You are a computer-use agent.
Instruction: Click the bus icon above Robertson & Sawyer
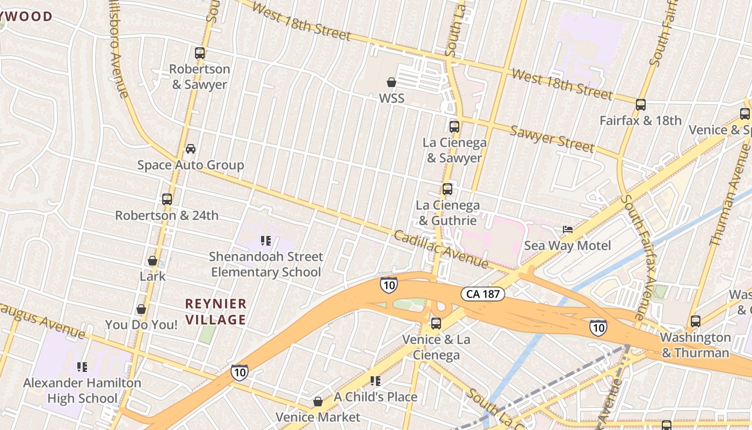pyautogui.click(x=200, y=53)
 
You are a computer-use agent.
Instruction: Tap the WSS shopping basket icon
pyautogui.click(x=392, y=82)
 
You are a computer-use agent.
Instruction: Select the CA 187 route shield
pyautogui.click(x=482, y=294)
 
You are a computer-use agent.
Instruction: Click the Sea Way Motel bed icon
pyautogui.click(x=568, y=230)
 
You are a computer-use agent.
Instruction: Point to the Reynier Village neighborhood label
pyautogui.click(x=216, y=312)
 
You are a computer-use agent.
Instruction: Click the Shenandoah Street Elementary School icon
pyautogui.click(x=265, y=240)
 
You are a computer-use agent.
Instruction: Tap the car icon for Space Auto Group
pyautogui.click(x=191, y=149)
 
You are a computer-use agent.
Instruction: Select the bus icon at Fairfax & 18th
pyautogui.click(x=640, y=105)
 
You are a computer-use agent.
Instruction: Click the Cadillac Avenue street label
pyautogui.click(x=440, y=250)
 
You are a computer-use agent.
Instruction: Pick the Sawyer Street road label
pyautogui.click(x=552, y=139)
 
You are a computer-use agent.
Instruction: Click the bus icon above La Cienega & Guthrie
pyautogui.click(x=447, y=189)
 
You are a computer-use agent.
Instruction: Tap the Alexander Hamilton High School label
pyautogui.click(x=82, y=391)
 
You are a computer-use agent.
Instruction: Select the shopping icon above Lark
pyautogui.click(x=153, y=261)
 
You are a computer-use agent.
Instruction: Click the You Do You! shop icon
pyautogui.click(x=141, y=309)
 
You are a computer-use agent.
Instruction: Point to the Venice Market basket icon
pyautogui.click(x=318, y=402)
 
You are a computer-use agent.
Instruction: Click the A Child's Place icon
pyautogui.click(x=375, y=381)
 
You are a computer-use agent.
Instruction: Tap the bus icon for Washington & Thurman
pyautogui.click(x=695, y=321)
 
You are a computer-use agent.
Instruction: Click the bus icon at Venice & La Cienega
pyautogui.click(x=436, y=324)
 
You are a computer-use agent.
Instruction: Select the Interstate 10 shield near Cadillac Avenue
pyautogui.click(x=388, y=285)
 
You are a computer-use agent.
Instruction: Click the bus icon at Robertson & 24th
pyautogui.click(x=167, y=199)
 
